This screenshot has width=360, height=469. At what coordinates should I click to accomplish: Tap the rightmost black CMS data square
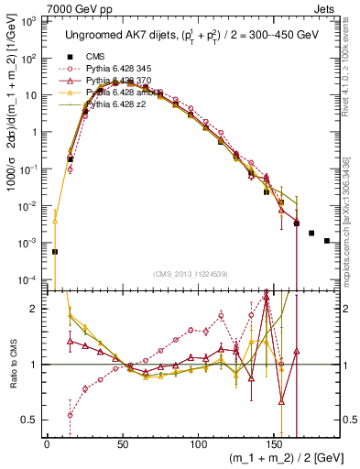coord(327,241)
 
